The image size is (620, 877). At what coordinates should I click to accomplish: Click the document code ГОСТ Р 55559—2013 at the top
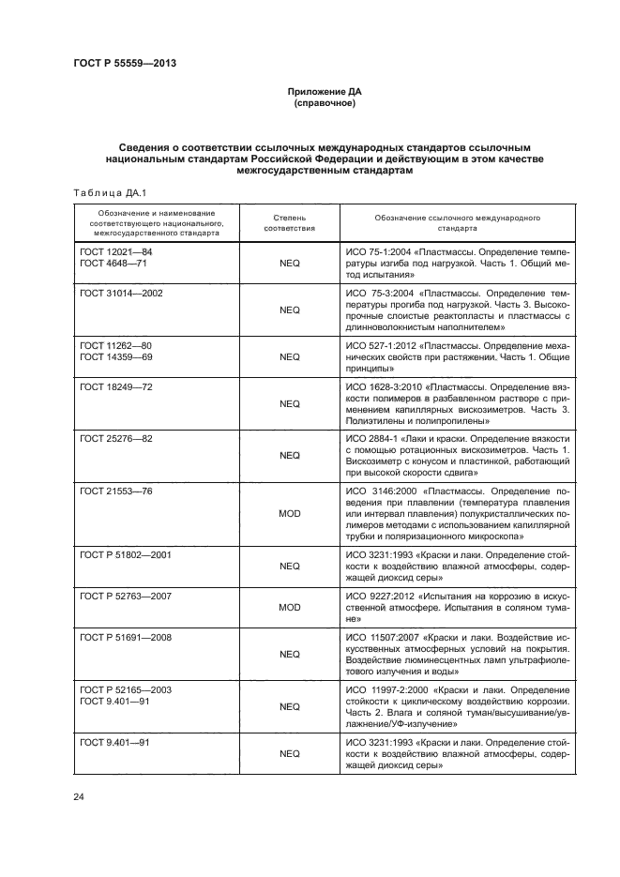pyautogui.click(x=125, y=63)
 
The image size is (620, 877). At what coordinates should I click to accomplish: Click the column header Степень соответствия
pyautogui.click(x=289, y=221)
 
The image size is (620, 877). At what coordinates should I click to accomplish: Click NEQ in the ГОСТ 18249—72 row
pyautogui.click(x=289, y=403)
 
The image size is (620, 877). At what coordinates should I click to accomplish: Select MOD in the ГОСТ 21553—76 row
pyautogui.click(x=289, y=514)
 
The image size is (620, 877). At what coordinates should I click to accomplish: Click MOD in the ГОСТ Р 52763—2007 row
pyautogui.click(x=289, y=607)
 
